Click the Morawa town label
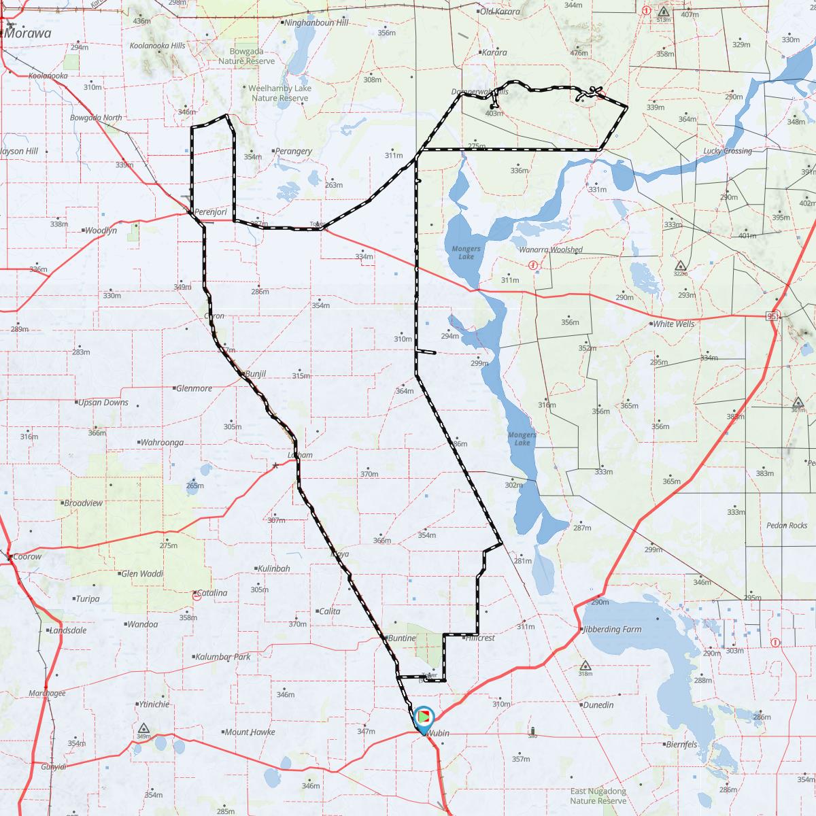29,33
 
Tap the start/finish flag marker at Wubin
424,716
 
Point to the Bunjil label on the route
255,374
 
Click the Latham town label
300,455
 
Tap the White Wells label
673,324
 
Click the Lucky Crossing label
728,151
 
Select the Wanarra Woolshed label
551,250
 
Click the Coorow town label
27,556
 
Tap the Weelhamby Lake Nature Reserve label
279,93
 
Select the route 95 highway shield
772,316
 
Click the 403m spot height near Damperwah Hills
494,113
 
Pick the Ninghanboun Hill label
316,22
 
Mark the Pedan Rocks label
787,525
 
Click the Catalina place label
212,593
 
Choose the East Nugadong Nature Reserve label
598,796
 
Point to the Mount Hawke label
250,732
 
